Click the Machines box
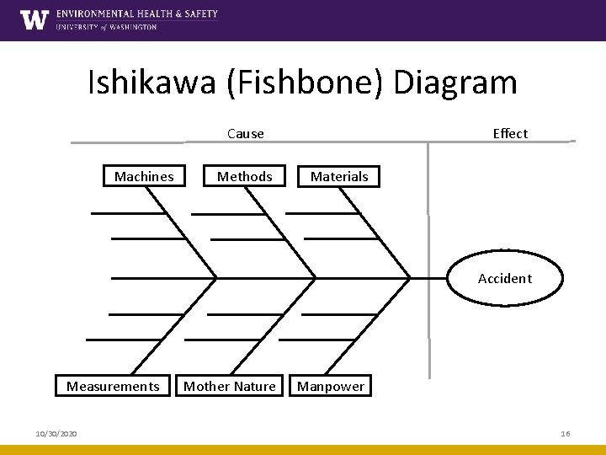(x=144, y=176)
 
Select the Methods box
(x=245, y=176)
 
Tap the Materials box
(x=339, y=176)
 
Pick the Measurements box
(x=113, y=386)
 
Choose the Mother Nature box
(x=230, y=386)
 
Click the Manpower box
(x=331, y=386)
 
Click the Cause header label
(x=246, y=133)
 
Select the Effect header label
(x=510, y=133)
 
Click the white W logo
(x=35, y=19)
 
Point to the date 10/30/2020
(x=56, y=433)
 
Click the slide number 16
(x=566, y=433)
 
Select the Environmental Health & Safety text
(x=137, y=13)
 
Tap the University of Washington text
(x=106, y=27)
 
